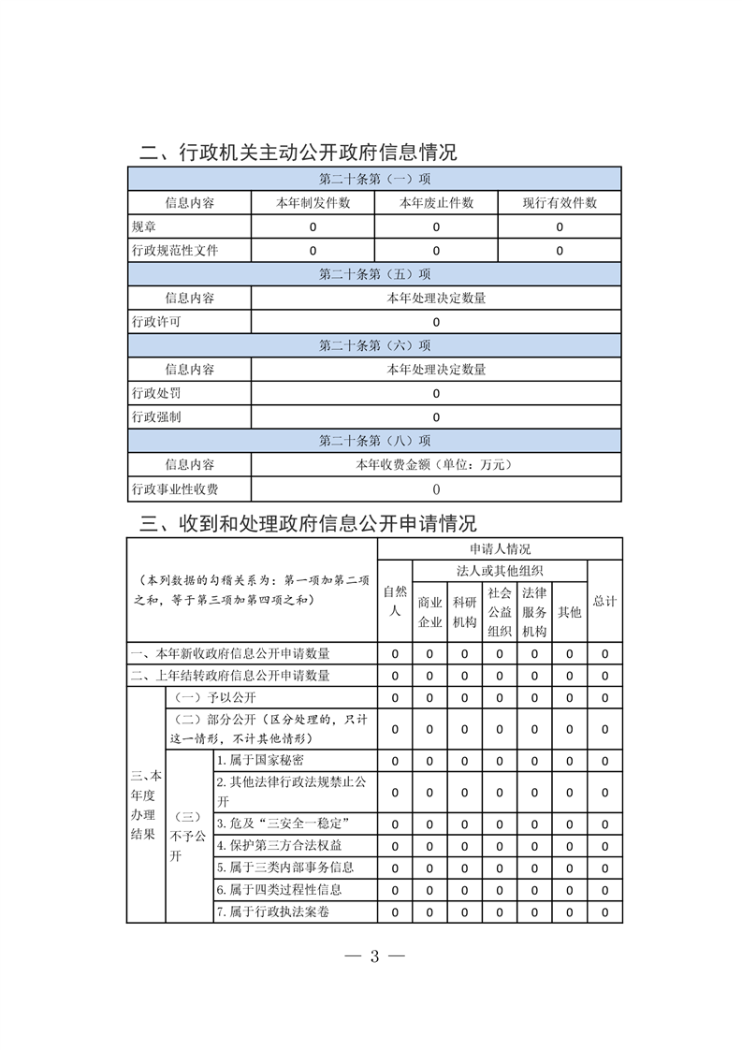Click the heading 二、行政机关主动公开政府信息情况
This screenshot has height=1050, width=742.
(298, 153)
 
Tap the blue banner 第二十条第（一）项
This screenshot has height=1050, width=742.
(374, 179)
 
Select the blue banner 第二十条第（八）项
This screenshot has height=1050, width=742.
(374, 440)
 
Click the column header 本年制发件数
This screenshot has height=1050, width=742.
(313, 203)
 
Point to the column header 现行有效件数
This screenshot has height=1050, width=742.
(560, 203)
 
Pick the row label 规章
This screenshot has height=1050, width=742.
(145, 226)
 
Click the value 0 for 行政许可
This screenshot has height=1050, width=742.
(436, 322)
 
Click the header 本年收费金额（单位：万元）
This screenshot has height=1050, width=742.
(436, 464)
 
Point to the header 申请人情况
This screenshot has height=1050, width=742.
(500, 549)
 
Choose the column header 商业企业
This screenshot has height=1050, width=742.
(429, 612)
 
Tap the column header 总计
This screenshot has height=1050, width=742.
(604, 601)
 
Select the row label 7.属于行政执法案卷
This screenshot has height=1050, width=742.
(272, 911)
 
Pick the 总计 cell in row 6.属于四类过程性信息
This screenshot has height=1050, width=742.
(605, 890)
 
